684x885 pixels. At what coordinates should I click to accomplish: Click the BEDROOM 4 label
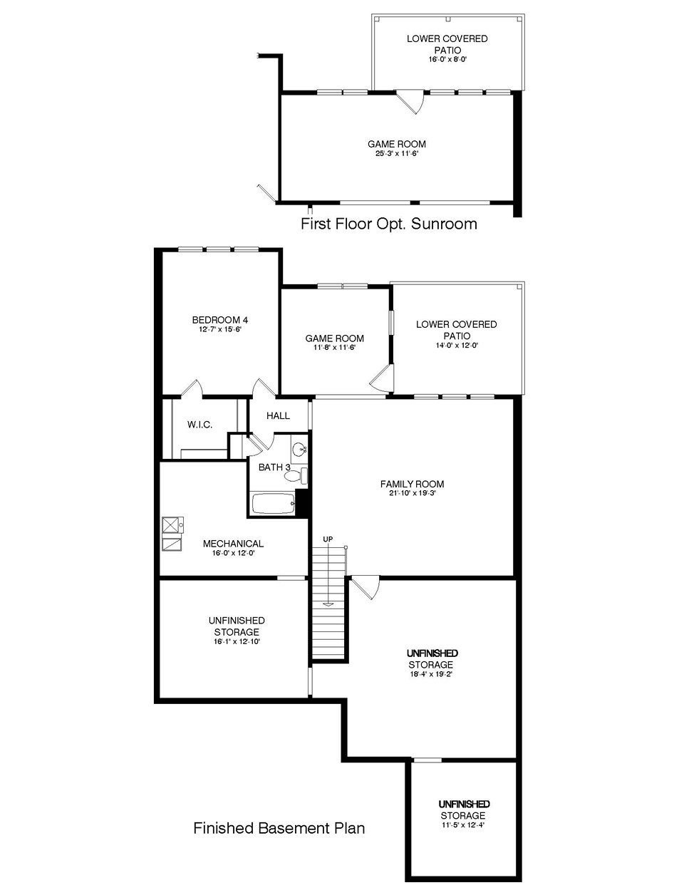pos(219,320)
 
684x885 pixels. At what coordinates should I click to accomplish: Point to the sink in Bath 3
pos(300,450)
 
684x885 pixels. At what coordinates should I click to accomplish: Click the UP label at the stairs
pos(328,539)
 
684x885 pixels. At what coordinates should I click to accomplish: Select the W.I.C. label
pos(199,425)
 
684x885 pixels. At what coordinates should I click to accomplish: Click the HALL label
pos(278,415)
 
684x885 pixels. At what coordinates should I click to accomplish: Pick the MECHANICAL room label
pos(233,544)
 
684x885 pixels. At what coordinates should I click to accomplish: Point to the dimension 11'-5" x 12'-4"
pos(462,825)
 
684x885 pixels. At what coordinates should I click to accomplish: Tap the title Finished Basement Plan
pos(279,828)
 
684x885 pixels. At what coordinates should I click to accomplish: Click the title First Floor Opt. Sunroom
pos(388,224)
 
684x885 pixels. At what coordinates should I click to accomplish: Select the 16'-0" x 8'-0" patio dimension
pos(447,60)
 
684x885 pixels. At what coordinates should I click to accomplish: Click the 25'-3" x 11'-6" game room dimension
pos(396,153)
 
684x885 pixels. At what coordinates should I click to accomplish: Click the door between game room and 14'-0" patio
pos(382,378)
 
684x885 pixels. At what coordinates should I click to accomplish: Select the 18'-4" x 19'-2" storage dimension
pos(431,673)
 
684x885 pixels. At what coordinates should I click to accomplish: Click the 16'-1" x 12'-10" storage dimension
pos(236,641)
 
